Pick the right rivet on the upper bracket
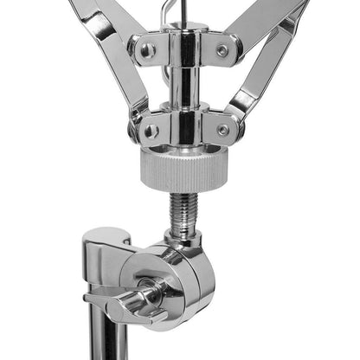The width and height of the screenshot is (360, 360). (223, 50)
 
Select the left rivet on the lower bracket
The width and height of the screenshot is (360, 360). (151, 131)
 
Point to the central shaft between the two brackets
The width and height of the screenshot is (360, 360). (183, 87)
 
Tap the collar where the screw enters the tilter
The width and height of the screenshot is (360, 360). (183, 238)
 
